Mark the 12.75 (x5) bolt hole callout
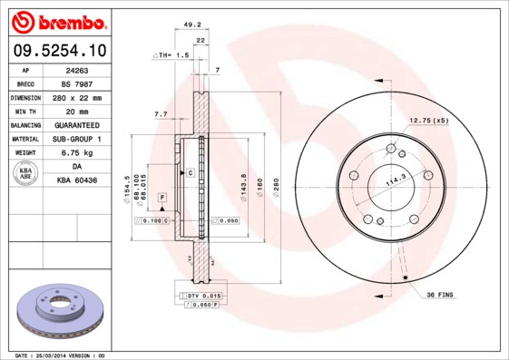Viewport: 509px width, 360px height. (x=428, y=121)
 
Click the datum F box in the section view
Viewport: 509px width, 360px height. (x=162, y=197)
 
